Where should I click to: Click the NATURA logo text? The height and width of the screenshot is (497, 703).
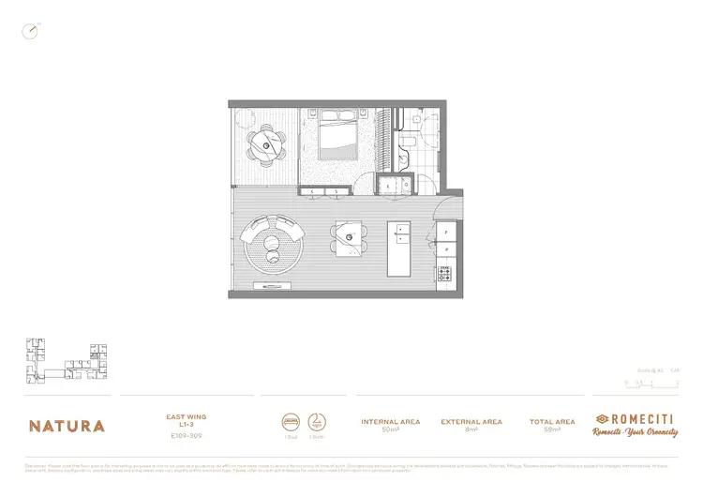click(x=67, y=426)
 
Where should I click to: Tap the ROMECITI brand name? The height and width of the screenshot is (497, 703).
click(x=642, y=418)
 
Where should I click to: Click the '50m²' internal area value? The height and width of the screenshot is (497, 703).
click(x=390, y=429)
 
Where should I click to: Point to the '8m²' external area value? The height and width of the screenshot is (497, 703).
click(x=471, y=429)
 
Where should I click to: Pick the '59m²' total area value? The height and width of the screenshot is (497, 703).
click(x=551, y=429)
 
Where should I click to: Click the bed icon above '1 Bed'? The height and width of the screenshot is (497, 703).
click(x=291, y=421)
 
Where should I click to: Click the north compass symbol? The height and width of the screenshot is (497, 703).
click(x=30, y=31)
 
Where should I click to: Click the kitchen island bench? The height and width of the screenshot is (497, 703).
click(x=398, y=248)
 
